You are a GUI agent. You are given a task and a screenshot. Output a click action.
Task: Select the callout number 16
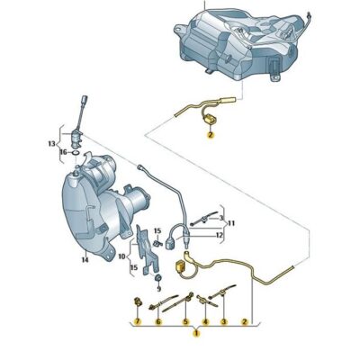[x=63, y=154]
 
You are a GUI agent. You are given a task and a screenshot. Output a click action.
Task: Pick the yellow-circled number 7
[x=138, y=320]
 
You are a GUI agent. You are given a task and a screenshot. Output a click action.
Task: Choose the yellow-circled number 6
[x=159, y=320]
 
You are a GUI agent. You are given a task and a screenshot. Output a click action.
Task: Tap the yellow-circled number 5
[x=185, y=320]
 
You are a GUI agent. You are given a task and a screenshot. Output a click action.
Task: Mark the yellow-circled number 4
[x=204, y=320]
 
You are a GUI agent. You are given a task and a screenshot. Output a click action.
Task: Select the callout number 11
[x=230, y=221]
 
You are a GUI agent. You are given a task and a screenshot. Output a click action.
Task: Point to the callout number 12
[x=219, y=236]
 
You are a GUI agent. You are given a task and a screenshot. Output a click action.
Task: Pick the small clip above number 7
[x=137, y=299]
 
